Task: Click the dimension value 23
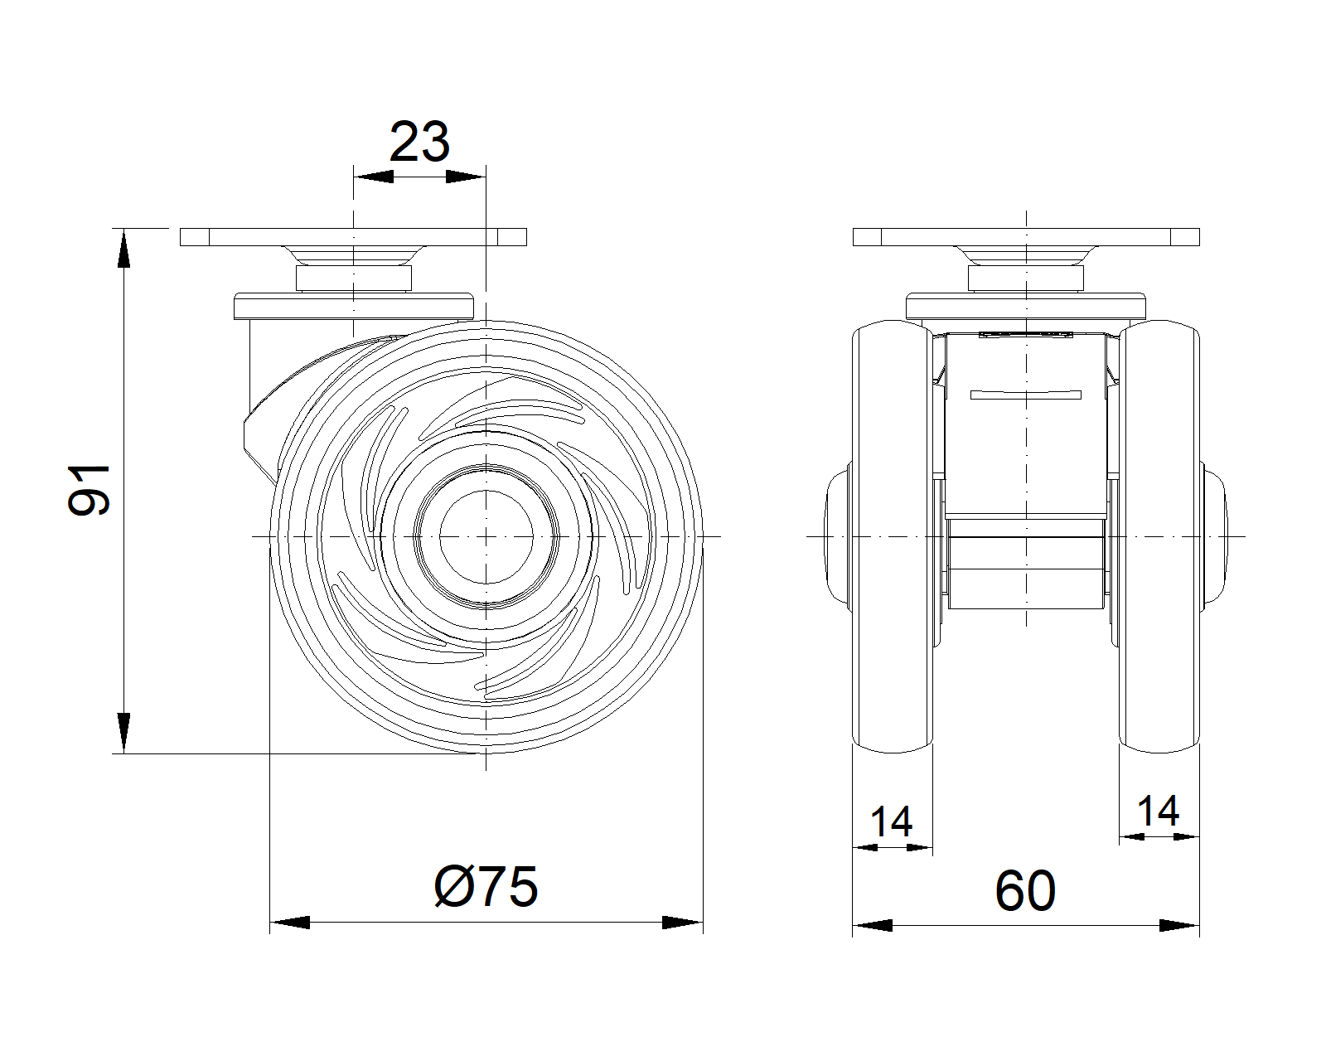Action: [419, 143]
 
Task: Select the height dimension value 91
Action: [89, 490]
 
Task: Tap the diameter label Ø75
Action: [486, 887]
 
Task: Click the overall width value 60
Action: [1025, 891]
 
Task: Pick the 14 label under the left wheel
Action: [891, 821]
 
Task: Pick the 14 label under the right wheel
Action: [1158, 811]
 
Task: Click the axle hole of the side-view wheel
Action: [486, 536]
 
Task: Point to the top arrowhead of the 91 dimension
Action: [123, 248]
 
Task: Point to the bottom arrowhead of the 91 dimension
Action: [123, 733]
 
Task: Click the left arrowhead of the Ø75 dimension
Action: [289, 923]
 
